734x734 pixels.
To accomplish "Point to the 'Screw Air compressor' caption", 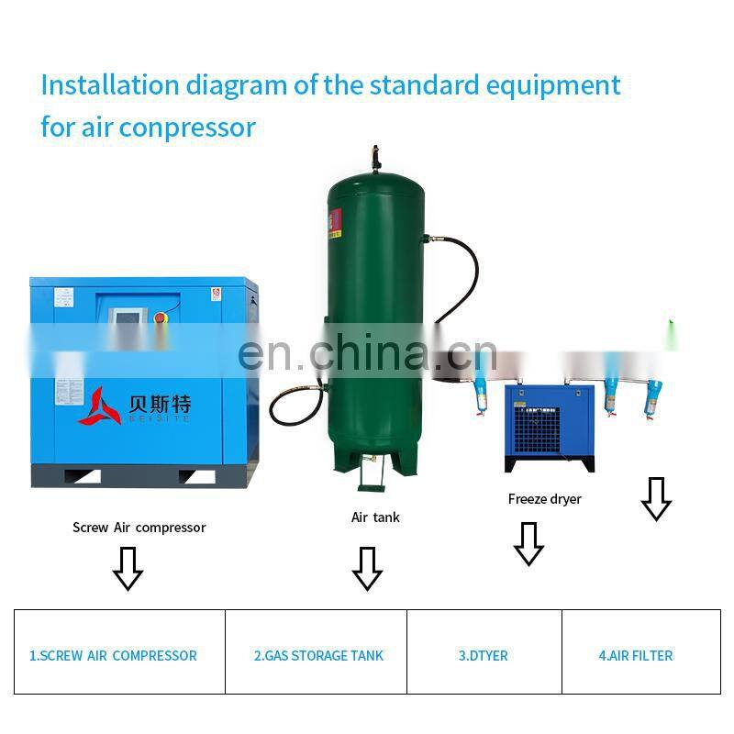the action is click(139, 528).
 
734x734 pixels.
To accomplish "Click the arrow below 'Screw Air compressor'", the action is click(128, 568).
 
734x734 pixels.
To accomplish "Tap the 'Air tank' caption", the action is click(375, 517).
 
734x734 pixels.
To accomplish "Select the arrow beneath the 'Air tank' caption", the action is click(367, 568).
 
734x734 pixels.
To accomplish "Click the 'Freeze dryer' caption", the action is click(544, 499).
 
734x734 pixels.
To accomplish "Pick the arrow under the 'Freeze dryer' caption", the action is click(528, 543).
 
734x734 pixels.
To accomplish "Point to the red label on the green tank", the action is click(335, 221).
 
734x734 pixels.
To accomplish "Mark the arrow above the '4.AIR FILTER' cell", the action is click(655, 498).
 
